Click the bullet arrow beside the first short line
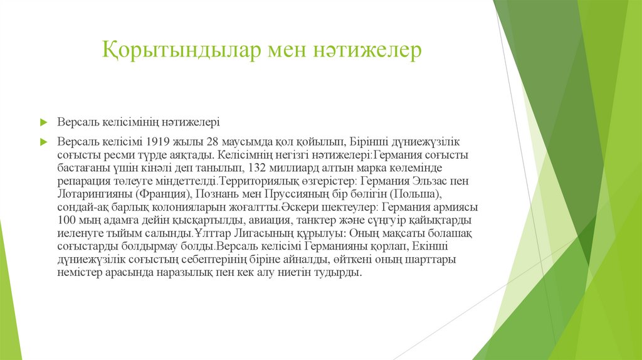click(44, 121)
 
